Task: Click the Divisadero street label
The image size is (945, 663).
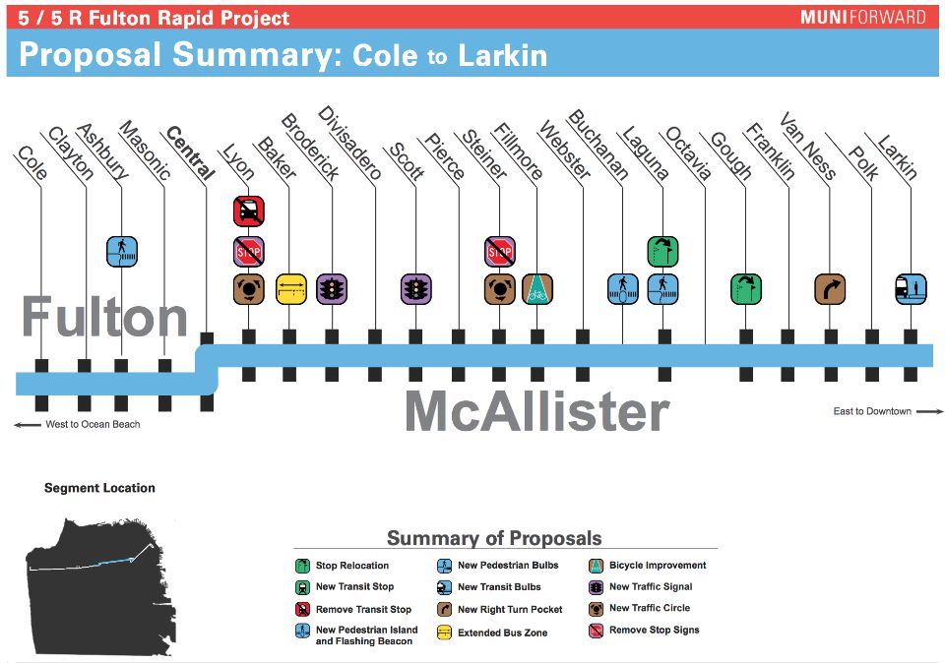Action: pyautogui.click(x=349, y=143)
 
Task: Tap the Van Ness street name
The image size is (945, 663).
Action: pyautogui.click(x=807, y=146)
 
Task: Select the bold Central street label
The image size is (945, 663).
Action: pyautogui.click(x=190, y=152)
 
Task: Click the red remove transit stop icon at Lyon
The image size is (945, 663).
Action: pyautogui.click(x=249, y=211)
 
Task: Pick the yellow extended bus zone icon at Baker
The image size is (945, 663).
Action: pyautogui.click(x=291, y=289)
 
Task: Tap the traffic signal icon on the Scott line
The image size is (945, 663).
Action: pyautogui.click(x=415, y=289)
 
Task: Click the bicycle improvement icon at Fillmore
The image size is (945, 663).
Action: pyautogui.click(x=537, y=289)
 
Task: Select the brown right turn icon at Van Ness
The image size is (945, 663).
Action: pyautogui.click(x=830, y=289)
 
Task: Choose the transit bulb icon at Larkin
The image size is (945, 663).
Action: pyautogui.click(x=911, y=289)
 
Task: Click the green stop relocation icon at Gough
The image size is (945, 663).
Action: pyautogui.click(x=746, y=289)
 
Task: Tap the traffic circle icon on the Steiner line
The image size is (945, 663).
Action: pyautogui.click(x=500, y=289)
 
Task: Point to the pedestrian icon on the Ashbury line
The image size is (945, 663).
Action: pyautogui.click(x=122, y=251)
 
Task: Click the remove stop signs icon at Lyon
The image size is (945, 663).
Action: pyautogui.click(x=249, y=251)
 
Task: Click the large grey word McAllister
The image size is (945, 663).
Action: pyautogui.click(x=537, y=411)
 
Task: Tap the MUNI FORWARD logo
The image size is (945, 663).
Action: pyautogui.click(x=862, y=17)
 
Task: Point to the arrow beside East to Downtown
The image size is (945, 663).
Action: pyautogui.click(x=929, y=412)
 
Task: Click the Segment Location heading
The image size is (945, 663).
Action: pyautogui.click(x=99, y=488)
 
